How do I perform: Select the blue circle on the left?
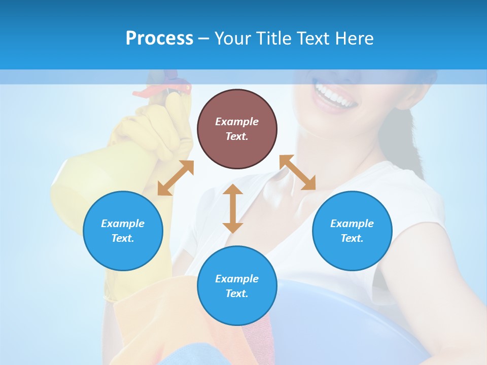tap(123, 231)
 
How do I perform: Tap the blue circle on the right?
tap(352, 231)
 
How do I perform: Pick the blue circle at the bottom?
tap(237, 286)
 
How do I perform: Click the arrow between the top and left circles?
tap(176, 178)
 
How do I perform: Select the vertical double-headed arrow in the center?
tap(233, 208)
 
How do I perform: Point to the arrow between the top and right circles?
tap(297, 172)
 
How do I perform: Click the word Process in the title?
tap(159, 38)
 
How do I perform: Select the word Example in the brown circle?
tap(237, 122)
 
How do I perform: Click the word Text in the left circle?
tap(123, 238)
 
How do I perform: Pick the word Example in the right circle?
tap(352, 224)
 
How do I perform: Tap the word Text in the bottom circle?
tap(237, 294)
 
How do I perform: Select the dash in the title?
tap(203, 39)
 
